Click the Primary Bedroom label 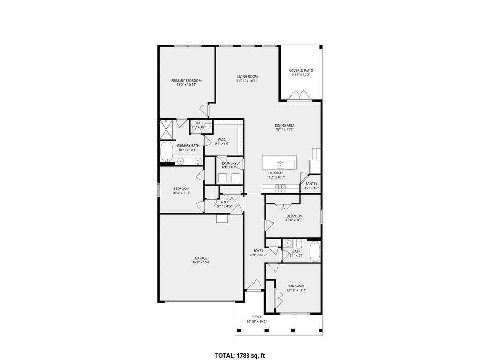[x=186, y=81]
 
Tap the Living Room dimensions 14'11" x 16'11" [x=247, y=81]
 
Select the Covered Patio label [x=301, y=70]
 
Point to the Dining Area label [x=285, y=125]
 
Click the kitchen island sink [x=280, y=165]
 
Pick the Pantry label [x=311, y=184]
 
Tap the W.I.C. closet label [x=222, y=139]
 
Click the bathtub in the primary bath [x=166, y=151]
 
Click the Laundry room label [x=229, y=163]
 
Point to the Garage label [x=202, y=258]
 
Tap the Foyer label [x=258, y=251]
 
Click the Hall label [x=225, y=202]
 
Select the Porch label [x=257, y=317]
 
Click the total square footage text [x=240, y=355]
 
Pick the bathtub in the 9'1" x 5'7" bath [x=315, y=252]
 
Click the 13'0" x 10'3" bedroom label [x=294, y=216]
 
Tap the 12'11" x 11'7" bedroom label [x=296, y=285]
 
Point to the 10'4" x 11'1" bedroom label [x=181, y=188]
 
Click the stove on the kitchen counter [x=280, y=188]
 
